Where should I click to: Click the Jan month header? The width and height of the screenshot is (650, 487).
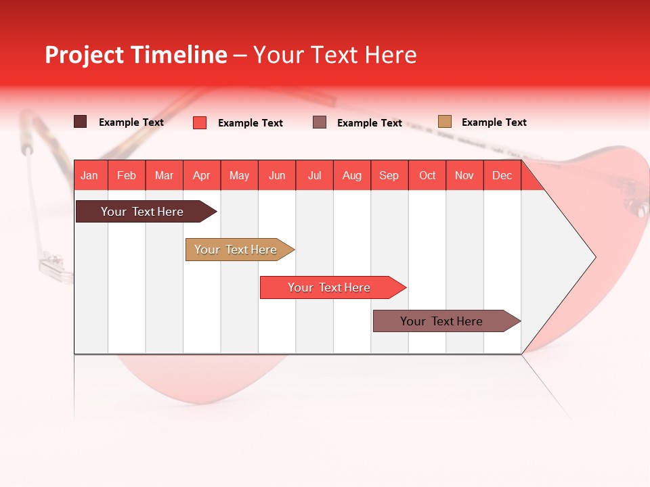point(89,176)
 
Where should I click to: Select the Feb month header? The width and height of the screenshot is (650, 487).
point(127,176)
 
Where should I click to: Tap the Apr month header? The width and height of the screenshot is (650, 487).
point(201,176)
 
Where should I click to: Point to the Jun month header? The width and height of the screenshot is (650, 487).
point(277,176)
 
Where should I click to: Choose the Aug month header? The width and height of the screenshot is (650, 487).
point(351,176)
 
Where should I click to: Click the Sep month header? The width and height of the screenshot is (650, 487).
point(389,176)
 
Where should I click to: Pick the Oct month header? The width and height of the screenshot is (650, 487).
point(427,176)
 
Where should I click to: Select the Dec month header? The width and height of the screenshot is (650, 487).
point(502,176)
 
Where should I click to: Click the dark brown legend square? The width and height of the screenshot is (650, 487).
point(80,122)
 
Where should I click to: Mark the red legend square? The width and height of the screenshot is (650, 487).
point(200,122)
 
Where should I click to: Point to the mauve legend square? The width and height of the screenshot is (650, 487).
point(320,122)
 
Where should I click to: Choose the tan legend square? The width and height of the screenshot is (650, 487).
point(444,122)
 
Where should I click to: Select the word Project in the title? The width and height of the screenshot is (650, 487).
point(84,55)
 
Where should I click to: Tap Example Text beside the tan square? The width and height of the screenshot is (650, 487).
point(494,122)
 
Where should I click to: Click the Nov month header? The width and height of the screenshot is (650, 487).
point(464,176)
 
